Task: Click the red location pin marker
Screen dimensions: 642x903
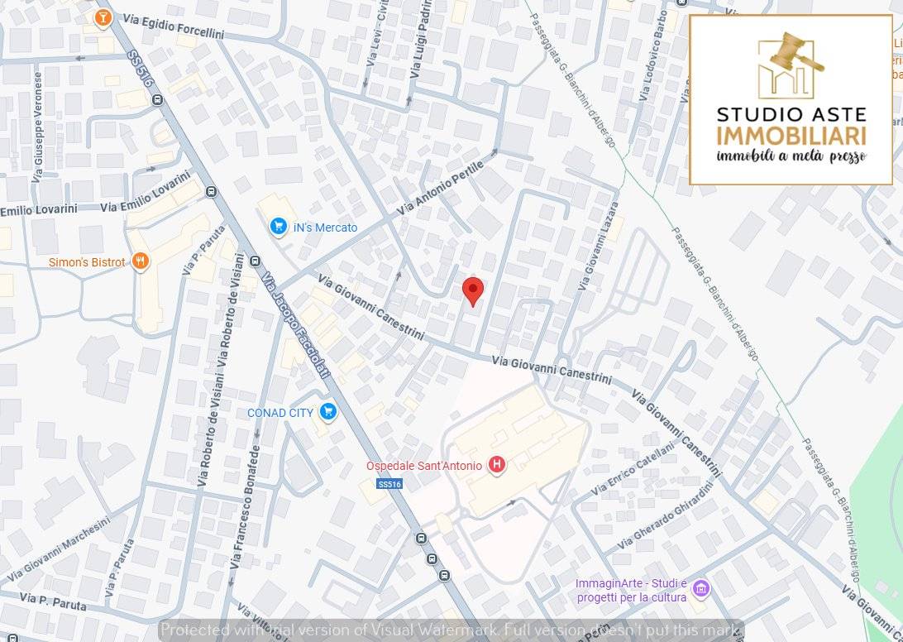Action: [472, 290]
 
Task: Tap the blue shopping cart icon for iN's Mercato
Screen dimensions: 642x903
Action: [279, 227]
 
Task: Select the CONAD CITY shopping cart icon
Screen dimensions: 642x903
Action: [328, 411]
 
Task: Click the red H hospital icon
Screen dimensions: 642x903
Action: [496, 465]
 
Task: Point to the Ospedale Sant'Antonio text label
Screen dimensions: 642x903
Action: [424, 466]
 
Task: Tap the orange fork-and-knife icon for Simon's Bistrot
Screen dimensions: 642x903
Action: [141, 261]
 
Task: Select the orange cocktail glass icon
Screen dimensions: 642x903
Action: [103, 17]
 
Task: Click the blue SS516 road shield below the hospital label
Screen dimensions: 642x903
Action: [389, 484]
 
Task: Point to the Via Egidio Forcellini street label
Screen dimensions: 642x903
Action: [171, 26]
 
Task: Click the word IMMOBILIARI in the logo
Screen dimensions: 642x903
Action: [791, 136]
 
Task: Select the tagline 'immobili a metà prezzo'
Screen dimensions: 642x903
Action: [791, 156]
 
